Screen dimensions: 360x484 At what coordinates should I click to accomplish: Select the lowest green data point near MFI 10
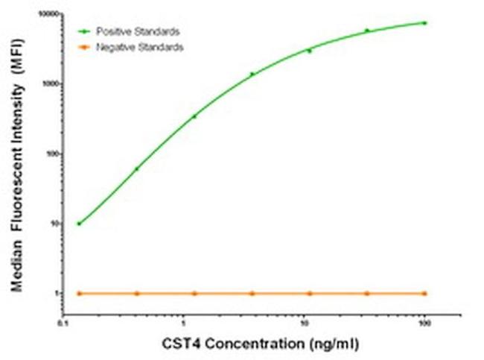(79, 224)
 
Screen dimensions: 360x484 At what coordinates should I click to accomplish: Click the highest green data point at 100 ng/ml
(424, 23)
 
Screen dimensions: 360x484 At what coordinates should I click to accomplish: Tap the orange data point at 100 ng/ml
(424, 293)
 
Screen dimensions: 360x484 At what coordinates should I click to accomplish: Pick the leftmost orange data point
(79, 293)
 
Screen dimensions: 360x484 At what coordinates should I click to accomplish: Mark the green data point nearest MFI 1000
(252, 74)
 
